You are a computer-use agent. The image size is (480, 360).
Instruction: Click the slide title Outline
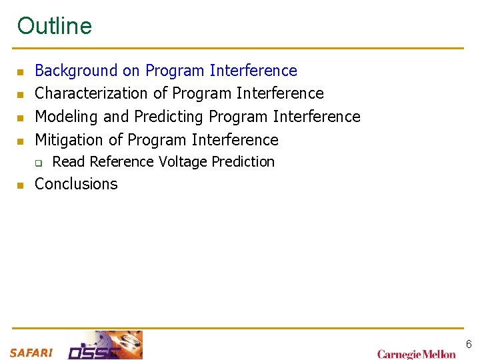coord(55,26)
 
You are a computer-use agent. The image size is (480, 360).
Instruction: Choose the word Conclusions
coord(76,184)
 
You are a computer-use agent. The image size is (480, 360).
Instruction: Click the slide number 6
coord(469,344)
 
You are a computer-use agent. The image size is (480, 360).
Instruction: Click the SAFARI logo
coord(31,353)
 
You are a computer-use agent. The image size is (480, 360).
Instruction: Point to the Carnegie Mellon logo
coord(417,354)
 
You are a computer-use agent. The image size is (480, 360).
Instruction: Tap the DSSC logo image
coord(105,345)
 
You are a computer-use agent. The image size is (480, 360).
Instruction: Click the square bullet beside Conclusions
coord(21,185)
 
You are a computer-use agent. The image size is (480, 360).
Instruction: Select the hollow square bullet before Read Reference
coord(39,163)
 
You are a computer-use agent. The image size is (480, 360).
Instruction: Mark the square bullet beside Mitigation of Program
coord(21,141)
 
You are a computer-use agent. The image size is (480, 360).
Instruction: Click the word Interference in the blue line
coord(253,71)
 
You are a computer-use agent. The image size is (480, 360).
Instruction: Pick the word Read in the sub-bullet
coord(69,162)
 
